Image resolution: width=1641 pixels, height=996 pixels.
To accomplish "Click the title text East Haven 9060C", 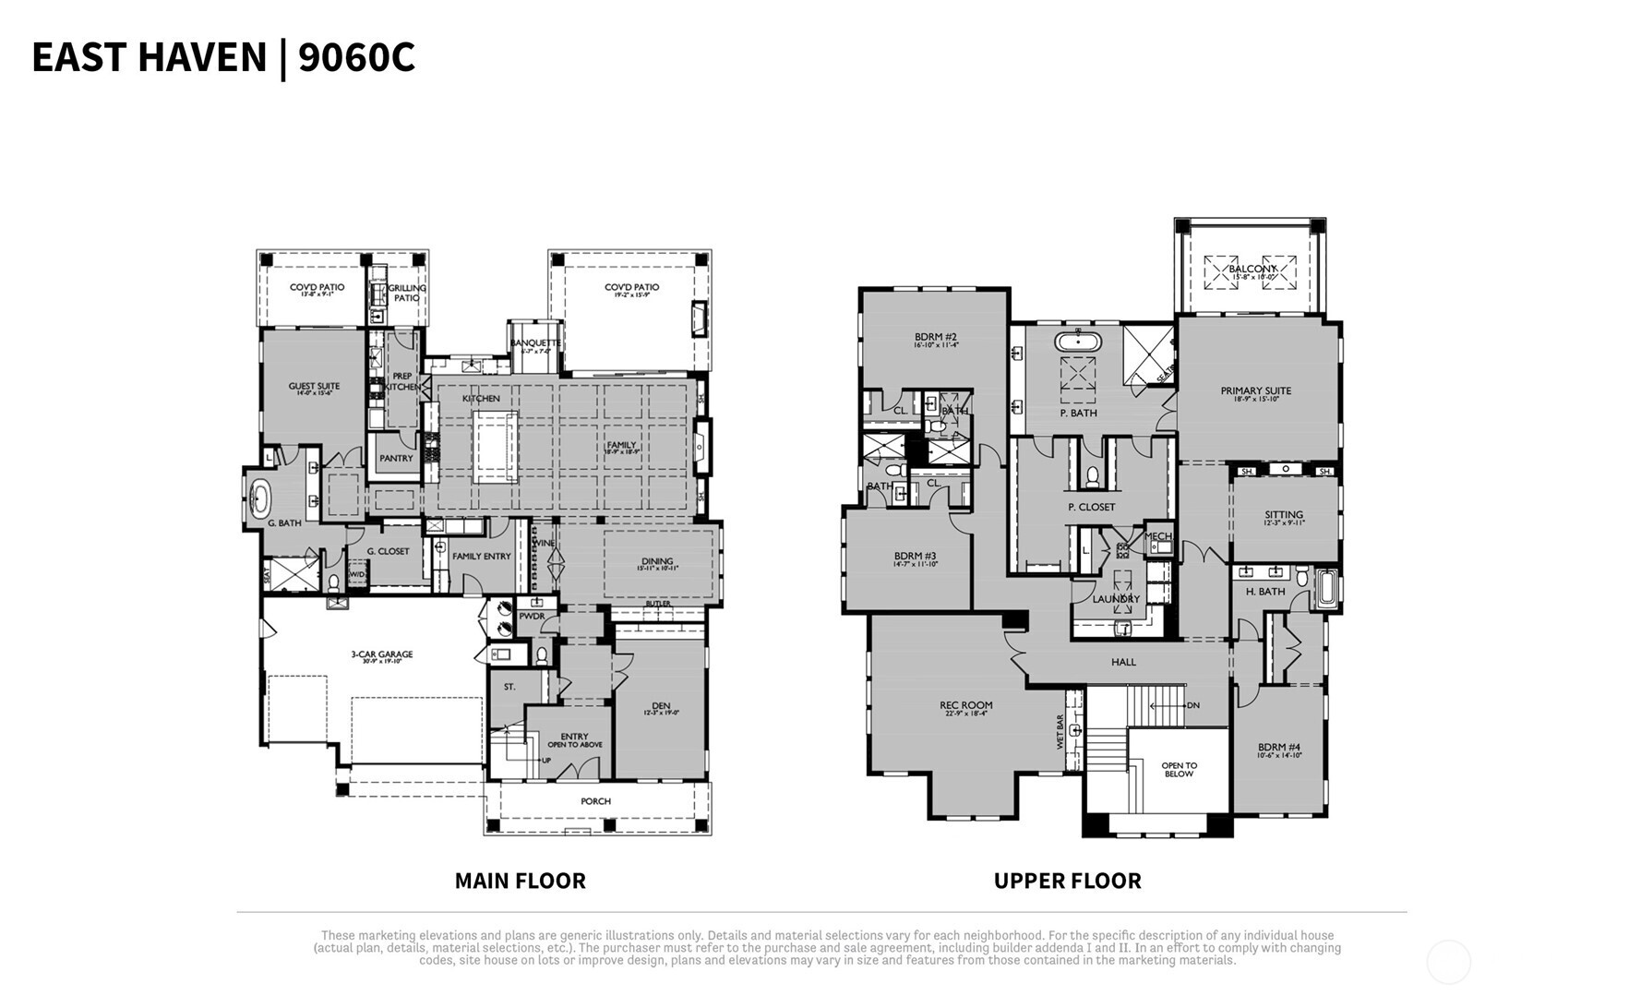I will tap(223, 57).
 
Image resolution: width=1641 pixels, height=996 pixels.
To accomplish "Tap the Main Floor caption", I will tap(520, 881).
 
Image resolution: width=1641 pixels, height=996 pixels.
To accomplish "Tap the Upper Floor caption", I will tap(1067, 881).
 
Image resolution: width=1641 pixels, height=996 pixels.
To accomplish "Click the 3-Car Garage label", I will tap(381, 654).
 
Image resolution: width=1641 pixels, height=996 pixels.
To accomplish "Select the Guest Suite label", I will tap(314, 387).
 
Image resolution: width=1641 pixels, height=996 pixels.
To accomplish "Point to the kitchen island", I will tap(496, 447).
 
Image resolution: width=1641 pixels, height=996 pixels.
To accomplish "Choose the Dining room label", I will tap(657, 561).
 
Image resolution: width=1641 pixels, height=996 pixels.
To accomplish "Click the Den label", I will tap(661, 706).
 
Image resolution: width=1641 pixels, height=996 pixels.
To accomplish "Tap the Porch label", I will tap(595, 801).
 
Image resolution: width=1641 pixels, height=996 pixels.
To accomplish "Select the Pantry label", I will tap(396, 458).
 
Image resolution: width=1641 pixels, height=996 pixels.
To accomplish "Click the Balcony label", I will tap(1252, 269).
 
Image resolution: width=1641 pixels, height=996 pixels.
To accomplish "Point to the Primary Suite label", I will tap(1255, 391).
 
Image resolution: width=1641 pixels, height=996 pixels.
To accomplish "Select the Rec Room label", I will tap(965, 706).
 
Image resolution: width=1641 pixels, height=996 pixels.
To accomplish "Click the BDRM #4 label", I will tap(1278, 748).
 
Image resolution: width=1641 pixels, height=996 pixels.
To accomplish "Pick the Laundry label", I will tap(1116, 599).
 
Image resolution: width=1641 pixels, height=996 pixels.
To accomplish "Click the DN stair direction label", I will tap(1192, 706).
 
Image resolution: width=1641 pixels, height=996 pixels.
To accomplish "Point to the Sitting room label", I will tap(1283, 515).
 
